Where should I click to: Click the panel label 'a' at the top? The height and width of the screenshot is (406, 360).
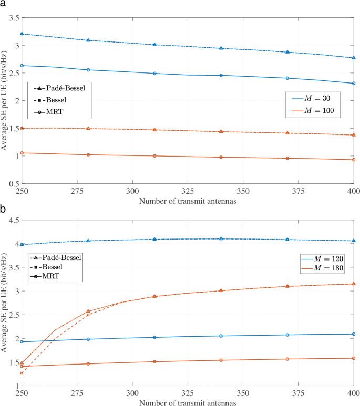(4, 5)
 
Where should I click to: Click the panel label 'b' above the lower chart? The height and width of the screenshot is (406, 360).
(4, 209)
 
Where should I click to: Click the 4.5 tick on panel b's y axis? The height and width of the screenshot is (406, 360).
(12, 221)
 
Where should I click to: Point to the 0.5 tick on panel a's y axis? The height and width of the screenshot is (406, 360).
(12, 184)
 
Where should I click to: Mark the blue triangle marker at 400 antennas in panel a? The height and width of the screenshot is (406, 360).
(353, 58)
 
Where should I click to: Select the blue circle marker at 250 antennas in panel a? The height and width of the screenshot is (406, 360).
(22, 66)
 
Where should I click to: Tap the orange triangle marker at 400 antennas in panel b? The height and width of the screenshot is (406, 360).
(353, 284)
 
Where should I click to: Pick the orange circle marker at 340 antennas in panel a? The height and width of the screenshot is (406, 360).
(221, 157)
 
